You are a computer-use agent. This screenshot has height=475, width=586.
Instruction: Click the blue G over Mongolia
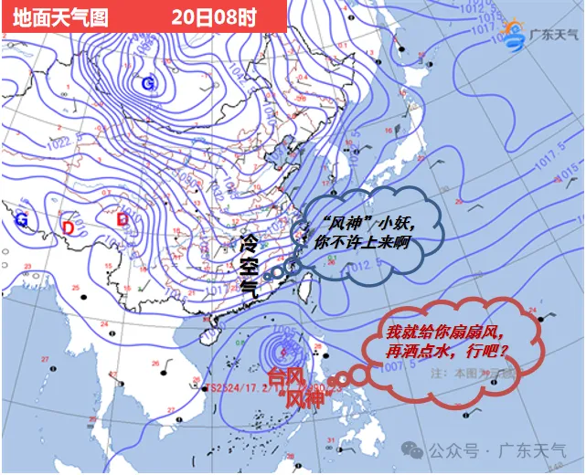point(148,84)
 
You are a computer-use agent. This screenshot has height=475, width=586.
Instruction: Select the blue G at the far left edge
point(21,220)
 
